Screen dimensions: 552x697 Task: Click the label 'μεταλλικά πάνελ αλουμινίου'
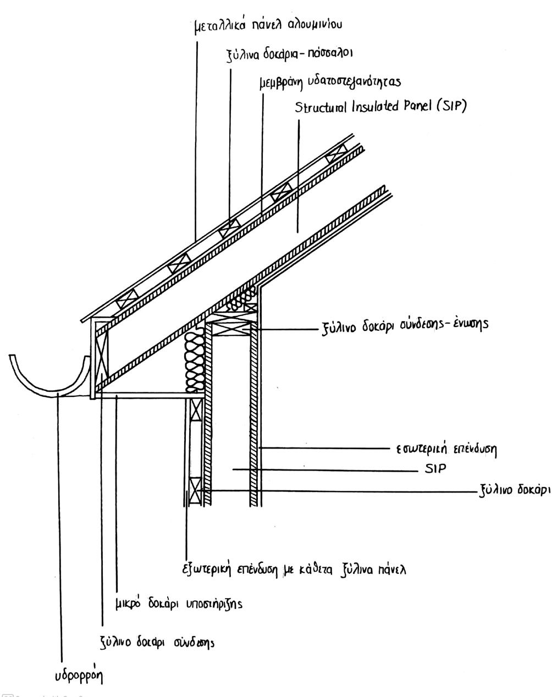click(268, 26)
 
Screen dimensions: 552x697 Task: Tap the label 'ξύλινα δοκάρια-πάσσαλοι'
click(290, 54)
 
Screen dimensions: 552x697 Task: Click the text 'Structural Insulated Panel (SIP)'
click(380, 107)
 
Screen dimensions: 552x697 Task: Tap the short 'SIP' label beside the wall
click(435, 468)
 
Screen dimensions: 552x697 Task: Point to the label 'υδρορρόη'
click(79, 676)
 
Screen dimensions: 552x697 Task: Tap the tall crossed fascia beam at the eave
click(101, 355)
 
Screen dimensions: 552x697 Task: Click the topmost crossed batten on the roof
click(336, 153)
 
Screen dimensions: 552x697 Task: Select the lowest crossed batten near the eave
click(127, 299)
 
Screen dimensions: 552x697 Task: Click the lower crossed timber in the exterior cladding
click(195, 490)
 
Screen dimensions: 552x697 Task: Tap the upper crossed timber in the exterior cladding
click(196, 410)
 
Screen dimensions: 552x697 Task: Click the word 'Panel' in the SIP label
click(417, 106)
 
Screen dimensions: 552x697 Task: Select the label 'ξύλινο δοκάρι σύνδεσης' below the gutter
click(157, 642)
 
